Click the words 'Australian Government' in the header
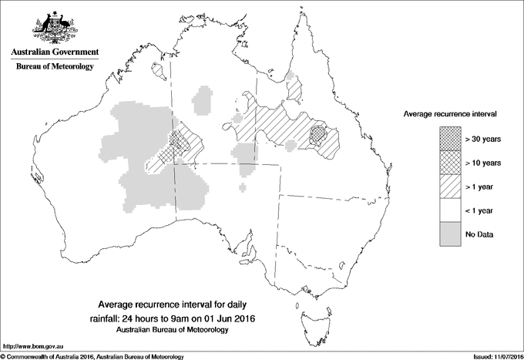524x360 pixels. (x=55, y=52)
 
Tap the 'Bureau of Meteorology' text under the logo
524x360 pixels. (x=55, y=67)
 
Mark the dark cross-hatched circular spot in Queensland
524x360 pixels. (x=318, y=135)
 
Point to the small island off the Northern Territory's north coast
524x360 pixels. (x=160, y=71)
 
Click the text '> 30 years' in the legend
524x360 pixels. (x=484, y=139)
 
